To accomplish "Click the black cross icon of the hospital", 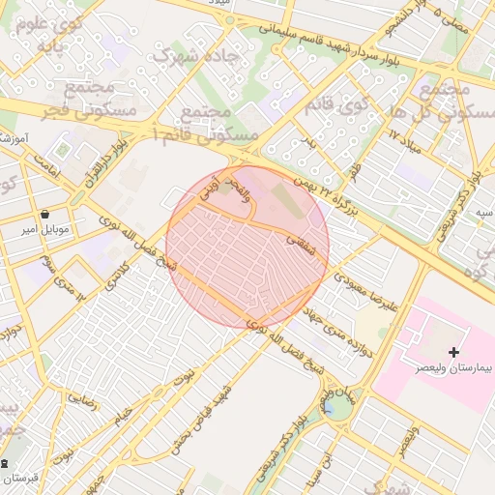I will pos(453,353).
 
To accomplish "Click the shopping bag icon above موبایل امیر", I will pos(45,214).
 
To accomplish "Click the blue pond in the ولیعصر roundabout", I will pos(338,407).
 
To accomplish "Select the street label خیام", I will pos(121,414).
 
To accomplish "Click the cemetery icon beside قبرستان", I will pos(5,463).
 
